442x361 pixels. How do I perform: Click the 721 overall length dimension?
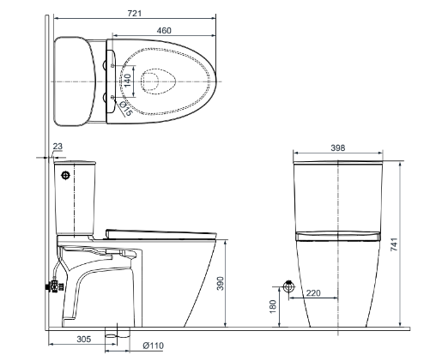(135, 14)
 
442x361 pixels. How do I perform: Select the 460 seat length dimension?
(164, 30)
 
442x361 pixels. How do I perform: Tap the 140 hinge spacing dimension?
(128, 81)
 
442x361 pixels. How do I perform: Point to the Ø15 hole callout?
(126, 108)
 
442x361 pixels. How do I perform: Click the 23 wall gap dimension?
(58, 147)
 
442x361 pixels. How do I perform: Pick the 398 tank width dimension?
(338, 147)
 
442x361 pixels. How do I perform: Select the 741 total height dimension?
(394, 244)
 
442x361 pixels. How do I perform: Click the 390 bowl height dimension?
(220, 283)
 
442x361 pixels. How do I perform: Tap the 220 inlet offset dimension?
(313, 293)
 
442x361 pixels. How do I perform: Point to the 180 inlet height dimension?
(273, 306)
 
